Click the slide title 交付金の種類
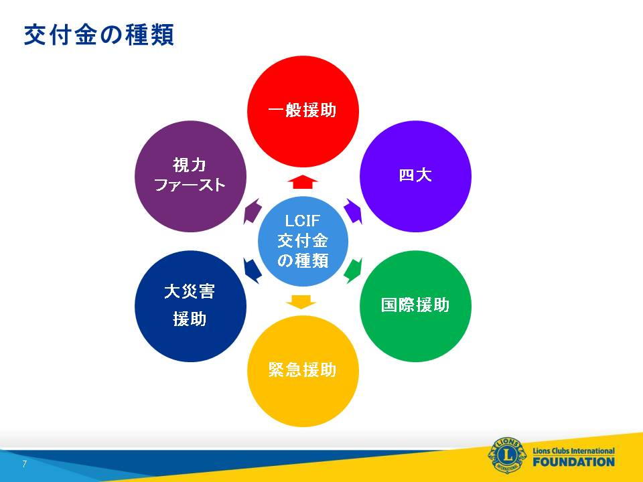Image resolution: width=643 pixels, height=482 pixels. [x=99, y=35]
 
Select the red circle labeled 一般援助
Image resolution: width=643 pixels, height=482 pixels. [x=303, y=112]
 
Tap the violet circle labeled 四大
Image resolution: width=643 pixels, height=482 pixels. [x=415, y=176]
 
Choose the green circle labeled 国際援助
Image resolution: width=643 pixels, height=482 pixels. [x=415, y=306]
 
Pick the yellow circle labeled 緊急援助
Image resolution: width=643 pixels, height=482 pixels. [x=303, y=371]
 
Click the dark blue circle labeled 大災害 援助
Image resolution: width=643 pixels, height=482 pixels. [x=191, y=306]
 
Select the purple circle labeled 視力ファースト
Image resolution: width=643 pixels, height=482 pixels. [x=191, y=176]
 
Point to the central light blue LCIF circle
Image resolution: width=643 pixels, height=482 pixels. [x=303, y=241]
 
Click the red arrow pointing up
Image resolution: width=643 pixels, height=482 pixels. [x=303, y=181]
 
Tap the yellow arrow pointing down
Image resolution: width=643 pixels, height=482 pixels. [x=301, y=301]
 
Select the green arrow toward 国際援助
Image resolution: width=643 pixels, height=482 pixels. [x=353, y=270]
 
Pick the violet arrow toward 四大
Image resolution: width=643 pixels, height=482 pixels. [x=353, y=211]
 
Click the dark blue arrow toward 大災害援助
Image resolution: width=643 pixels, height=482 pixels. [x=253, y=270]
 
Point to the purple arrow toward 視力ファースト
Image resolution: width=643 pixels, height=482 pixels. [x=253, y=211]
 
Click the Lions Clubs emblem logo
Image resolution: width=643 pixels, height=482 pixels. [x=507, y=455]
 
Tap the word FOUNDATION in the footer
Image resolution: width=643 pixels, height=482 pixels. [x=574, y=462]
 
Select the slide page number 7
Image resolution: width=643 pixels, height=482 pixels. [x=25, y=464]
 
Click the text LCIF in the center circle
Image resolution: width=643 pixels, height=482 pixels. [x=303, y=221]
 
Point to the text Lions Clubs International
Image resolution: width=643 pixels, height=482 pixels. [x=574, y=451]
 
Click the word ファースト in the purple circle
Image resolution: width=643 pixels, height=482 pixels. [x=190, y=185]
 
